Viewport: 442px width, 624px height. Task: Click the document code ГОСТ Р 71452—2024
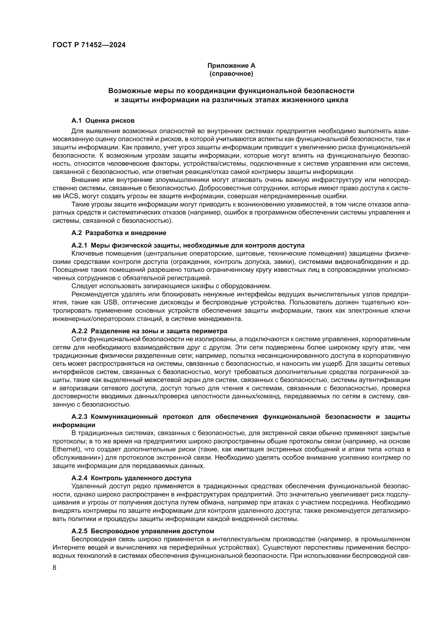point(89,45)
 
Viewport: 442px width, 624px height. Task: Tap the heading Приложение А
point(231,66)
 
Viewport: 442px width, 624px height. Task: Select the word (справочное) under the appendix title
point(231,74)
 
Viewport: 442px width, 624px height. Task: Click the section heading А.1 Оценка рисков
point(103,120)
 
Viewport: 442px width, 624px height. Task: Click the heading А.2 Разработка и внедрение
point(119,233)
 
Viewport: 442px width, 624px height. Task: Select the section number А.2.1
point(79,245)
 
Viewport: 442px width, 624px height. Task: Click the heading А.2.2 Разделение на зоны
point(149,331)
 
